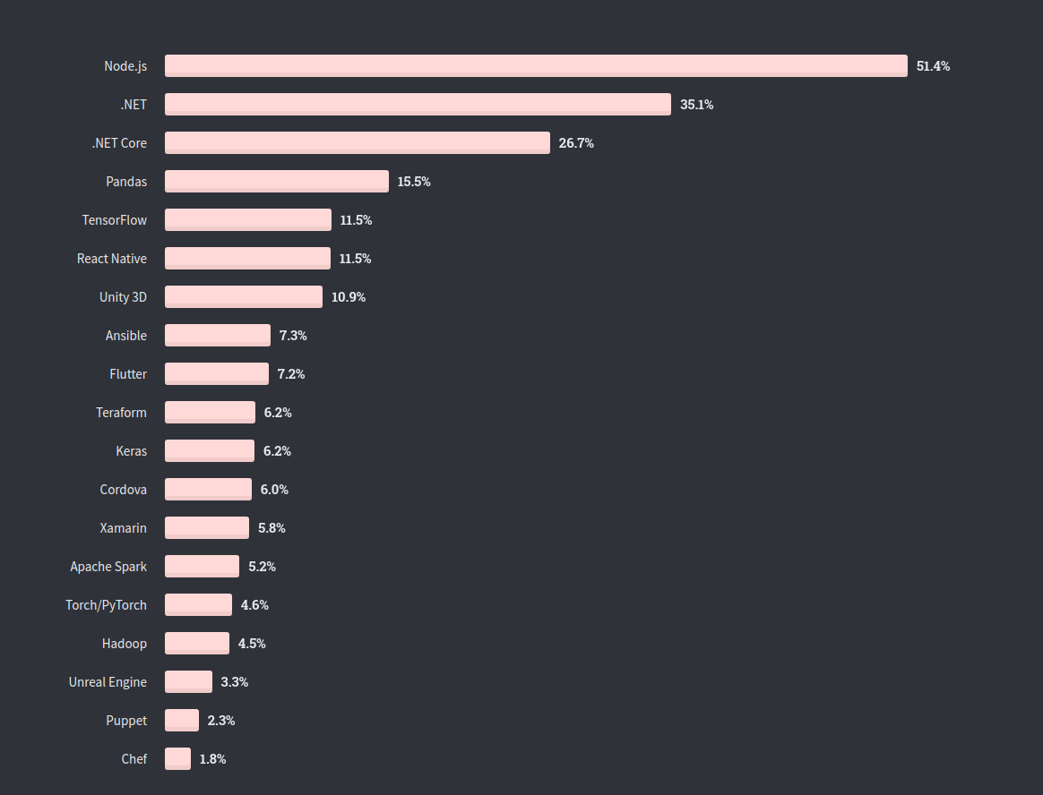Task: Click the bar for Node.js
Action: pyautogui.click(x=536, y=65)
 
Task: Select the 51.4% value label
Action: pyautogui.click(x=933, y=66)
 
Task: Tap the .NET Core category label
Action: pyautogui.click(x=119, y=143)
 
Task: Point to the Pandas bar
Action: pyautogui.click(x=277, y=181)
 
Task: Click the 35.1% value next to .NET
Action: pyautogui.click(x=696, y=105)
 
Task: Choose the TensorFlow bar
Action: pyautogui.click(x=248, y=219)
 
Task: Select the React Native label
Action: pyautogui.click(x=112, y=259)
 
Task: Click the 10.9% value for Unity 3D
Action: pyautogui.click(x=349, y=297)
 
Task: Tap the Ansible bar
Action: pyautogui.click(x=218, y=335)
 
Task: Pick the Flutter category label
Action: pyautogui.click(x=128, y=374)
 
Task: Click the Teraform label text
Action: pyautogui.click(x=121, y=413)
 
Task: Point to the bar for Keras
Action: pyautogui.click(x=210, y=450)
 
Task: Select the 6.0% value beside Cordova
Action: pyautogui.click(x=274, y=490)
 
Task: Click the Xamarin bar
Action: pyautogui.click(x=207, y=527)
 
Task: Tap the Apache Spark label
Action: pyautogui.click(x=108, y=567)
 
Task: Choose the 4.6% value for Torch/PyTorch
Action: pyautogui.click(x=254, y=605)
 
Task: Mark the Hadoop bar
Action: pyautogui.click(x=197, y=643)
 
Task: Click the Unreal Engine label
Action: pyautogui.click(x=108, y=682)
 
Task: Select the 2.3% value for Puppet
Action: pyautogui.click(x=221, y=721)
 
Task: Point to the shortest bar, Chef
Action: pyautogui.click(x=177, y=758)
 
